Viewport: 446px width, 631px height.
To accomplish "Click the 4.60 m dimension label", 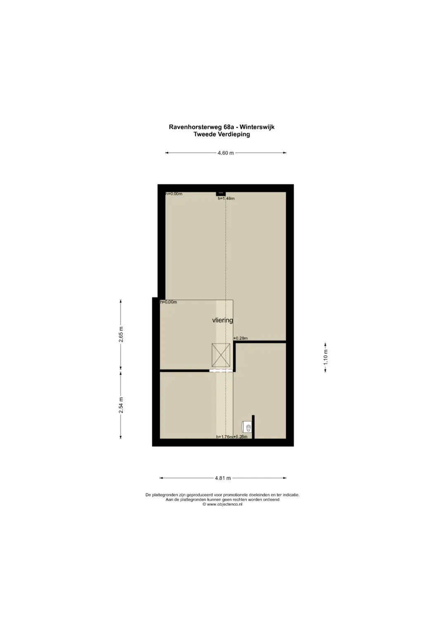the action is [x=225, y=153].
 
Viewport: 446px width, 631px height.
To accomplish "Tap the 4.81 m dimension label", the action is [x=223, y=478].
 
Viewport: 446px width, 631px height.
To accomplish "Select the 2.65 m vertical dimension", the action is [x=121, y=334].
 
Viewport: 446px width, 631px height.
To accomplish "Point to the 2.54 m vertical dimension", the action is [x=121, y=405].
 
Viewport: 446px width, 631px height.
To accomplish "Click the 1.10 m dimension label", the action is [x=325, y=357].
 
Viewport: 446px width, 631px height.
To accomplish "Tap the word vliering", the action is [x=223, y=320].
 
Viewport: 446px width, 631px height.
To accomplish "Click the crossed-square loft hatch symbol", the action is [x=221, y=355].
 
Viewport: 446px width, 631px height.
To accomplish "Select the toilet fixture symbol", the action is [x=247, y=428].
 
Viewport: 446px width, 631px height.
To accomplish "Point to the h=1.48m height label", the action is [x=226, y=198].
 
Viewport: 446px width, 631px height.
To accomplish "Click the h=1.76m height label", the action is [x=224, y=437].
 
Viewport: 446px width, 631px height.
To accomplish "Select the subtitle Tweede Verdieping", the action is [x=222, y=134].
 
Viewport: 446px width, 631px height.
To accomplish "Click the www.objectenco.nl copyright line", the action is [x=223, y=504].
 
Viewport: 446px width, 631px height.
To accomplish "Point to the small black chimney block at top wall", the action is [x=221, y=194].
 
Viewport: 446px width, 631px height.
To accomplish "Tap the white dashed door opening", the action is [x=221, y=371].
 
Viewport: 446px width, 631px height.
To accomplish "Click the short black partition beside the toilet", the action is [x=253, y=427].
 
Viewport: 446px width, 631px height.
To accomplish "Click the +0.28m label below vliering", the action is [x=240, y=338].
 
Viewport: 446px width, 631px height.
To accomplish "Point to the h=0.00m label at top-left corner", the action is [x=174, y=194].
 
